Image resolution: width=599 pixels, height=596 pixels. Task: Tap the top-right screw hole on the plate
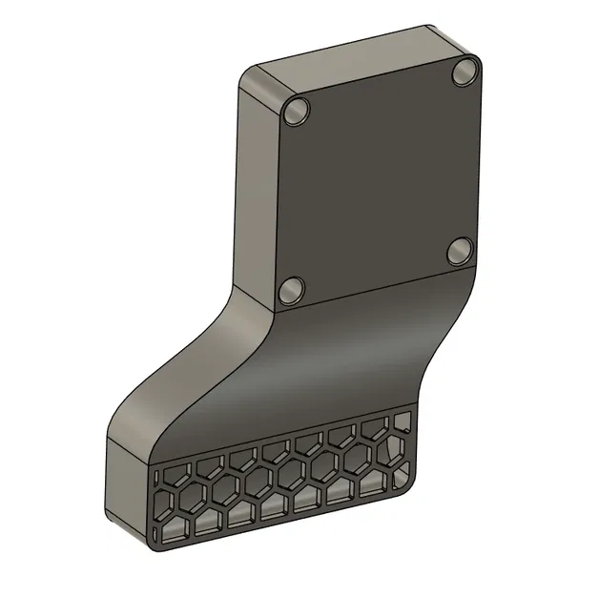tap(465, 72)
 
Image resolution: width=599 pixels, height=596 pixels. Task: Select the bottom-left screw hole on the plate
tap(292, 288)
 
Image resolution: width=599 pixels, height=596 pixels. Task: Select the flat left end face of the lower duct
tap(124, 486)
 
